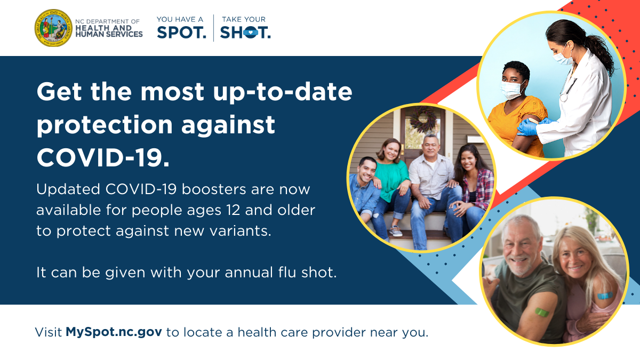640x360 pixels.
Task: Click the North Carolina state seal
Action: click(x=53, y=28)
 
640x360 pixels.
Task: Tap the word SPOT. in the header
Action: click(x=181, y=33)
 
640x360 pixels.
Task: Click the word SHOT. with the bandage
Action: click(x=245, y=33)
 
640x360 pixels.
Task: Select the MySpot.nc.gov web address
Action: click(x=114, y=332)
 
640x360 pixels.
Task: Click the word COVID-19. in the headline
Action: click(x=103, y=158)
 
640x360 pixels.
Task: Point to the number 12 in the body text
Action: click(x=233, y=210)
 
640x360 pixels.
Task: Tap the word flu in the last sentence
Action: click(x=288, y=272)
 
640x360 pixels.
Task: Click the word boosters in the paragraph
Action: click(x=214, y=189)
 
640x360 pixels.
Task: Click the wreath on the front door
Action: click(x=423, y=119)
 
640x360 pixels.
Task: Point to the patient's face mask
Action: click(x=512, y=90)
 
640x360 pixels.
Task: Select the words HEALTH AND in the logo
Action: click(x=103, y=28)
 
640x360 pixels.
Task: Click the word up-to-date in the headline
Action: click(x=283, y=92)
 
